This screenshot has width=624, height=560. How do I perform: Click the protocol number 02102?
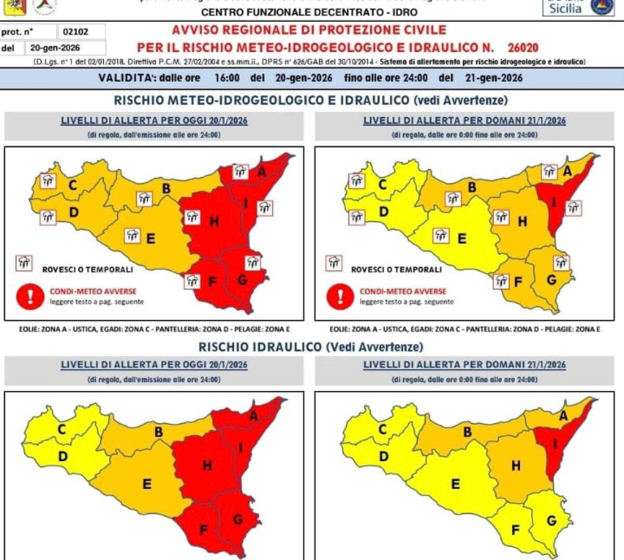(75, 32)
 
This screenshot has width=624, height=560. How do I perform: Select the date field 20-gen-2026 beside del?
(55, 48)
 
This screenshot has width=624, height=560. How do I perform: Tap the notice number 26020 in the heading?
(523, 48)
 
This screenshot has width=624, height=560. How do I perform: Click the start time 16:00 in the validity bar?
(227, 78)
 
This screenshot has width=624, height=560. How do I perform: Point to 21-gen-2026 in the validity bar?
(493, 78)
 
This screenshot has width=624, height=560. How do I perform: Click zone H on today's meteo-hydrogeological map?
(214, 222)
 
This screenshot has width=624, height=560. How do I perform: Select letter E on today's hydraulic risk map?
(147, 484)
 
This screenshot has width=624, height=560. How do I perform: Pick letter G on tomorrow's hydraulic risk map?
(551, 520)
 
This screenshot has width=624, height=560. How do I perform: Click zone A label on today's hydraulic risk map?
(253, 415)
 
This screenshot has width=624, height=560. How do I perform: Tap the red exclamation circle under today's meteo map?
(30, 296)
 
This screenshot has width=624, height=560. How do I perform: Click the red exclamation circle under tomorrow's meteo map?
(340, 296)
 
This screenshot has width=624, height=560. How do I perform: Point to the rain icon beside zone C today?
(48, 181)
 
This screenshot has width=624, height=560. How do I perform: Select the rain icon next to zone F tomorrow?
(501, 281)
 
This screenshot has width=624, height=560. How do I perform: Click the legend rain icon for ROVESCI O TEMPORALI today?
(24, 263)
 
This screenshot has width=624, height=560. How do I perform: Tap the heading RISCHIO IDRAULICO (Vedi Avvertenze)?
(310, 347)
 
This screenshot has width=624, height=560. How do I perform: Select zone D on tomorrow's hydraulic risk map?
(383, 457)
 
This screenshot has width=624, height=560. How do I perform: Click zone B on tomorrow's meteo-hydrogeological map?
(472, 187)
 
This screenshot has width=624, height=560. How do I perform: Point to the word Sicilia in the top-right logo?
(565, 8)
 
